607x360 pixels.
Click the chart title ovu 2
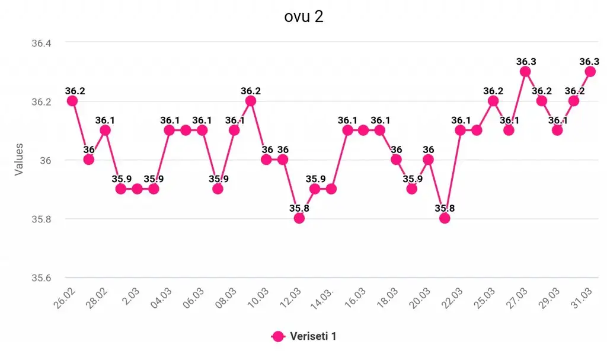[303, 17]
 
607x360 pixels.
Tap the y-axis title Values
[19, 159]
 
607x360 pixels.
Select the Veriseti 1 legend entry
[305, 336]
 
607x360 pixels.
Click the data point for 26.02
[72, 101]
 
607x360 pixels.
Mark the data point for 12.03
[299, 218]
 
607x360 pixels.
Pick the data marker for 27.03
[525, 71]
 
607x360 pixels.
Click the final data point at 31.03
[590, 71]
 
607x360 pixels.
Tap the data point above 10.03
[267, 160]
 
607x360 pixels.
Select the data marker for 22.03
[461, 130]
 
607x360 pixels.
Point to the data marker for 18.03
[396, 160]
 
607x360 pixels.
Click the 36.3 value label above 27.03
[526, 61]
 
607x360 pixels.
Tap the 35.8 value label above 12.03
[299, 208]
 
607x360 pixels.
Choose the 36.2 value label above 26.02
[75, 91]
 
